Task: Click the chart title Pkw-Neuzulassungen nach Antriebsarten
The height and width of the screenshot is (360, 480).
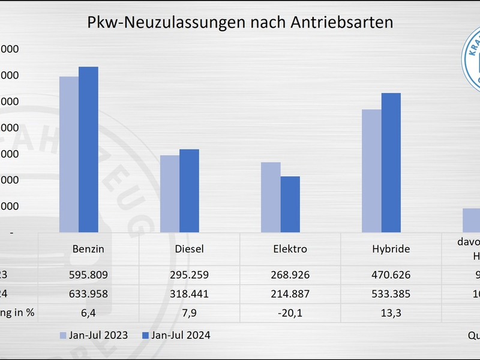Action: (x=240, y=23)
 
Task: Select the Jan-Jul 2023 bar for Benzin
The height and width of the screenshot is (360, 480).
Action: (x=68, y=154)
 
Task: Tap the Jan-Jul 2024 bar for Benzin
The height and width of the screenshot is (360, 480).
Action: (x=88, y=149)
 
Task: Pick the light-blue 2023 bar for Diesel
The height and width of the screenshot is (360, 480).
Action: (x=169, y=194)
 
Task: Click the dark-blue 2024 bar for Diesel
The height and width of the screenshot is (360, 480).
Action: (x=189, y=191)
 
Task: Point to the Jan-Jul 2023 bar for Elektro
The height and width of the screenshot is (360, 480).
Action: (x=270, y=197)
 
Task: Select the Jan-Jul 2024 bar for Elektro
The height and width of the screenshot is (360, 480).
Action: (x=290, y=204)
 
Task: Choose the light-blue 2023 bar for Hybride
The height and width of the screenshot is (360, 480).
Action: (x=371, y=171)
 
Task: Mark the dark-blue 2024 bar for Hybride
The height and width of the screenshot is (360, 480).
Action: (x=391, y=163)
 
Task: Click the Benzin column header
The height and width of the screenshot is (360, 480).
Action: (x=88, y=249)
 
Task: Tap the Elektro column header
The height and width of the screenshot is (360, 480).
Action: (x=290, y=249)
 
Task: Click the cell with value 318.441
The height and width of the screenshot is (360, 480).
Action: (x=189, y=295)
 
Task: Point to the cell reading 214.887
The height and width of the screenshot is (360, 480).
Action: (x=290, y=295)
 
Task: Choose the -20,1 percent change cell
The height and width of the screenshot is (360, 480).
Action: (x=290, y=312)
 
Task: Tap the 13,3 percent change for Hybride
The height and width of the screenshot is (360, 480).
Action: (x=391, y=312)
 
